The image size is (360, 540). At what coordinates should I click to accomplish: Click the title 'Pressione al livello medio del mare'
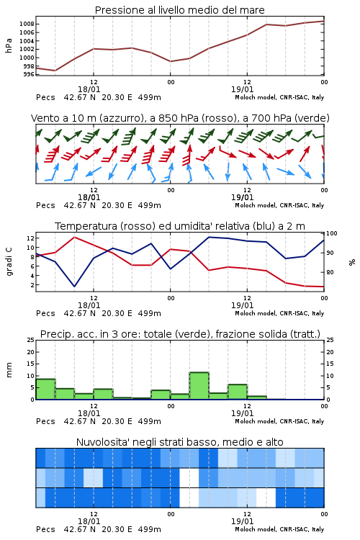[x=179, y=10]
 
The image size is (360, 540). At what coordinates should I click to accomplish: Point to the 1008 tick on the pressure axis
[x=27, y=24]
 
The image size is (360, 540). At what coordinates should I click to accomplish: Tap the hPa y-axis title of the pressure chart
[x=9, y=45]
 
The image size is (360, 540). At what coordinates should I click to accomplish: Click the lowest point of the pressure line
[x=55, y=71]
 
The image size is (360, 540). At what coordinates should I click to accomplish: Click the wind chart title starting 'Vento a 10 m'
[x=180, y=118]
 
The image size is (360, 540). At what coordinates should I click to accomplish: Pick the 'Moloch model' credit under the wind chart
[x=279, y=205]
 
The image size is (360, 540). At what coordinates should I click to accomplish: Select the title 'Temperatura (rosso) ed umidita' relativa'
[x=180, y=226]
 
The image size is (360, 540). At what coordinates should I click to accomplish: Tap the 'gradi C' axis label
[x=9, y=261]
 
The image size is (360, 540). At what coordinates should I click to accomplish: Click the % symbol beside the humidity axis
[x=352, y=262]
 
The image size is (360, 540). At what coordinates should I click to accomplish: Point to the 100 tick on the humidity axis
[x=332, y=233]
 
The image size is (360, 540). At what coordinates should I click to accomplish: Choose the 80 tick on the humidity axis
[x=330, y=272]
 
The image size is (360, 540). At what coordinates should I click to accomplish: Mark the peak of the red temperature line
[x=74, y=237]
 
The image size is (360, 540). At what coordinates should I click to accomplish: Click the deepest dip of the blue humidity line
[x=74, y=286]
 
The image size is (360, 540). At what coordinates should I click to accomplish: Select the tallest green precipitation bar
[x=199, y=386]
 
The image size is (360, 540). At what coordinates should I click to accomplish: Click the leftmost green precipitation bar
[x=45, y=389]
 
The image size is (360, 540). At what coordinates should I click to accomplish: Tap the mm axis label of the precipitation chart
[x=9, y=370]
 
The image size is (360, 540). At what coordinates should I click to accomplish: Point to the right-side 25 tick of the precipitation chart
[x=330, y=340]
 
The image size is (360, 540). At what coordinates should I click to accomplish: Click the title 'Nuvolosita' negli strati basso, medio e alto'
[x=179, y=442]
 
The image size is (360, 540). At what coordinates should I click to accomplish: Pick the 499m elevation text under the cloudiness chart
[x=150, y=529]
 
